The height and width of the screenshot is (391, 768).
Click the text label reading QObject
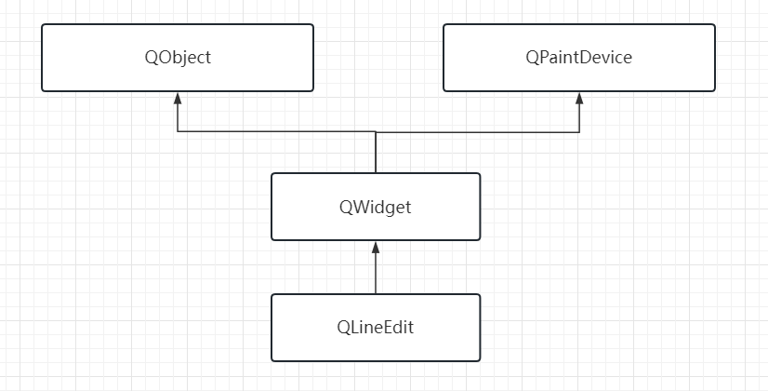pyautogui.click(x=178, y=58)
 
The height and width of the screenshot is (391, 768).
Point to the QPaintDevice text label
pyautogui.click(x=578, y=58)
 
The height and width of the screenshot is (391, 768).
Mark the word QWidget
pyautogui.click(x=376, y=207)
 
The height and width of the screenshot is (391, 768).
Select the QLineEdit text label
pyautogui.click(x=376, y=328)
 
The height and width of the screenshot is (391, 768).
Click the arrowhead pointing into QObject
pyautogui.click(x=178, y=98)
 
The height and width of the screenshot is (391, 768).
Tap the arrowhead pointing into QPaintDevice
pyautogui.click(x=579, y=98)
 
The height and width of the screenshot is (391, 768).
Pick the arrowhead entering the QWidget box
pyautogui.click(x=376, y=247)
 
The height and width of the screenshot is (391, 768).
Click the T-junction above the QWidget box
pyautogui.click(x=376, y=131)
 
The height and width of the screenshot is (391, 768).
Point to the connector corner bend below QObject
pyautogui.click(x=178, y=131)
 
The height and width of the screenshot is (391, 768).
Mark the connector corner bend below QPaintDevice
pyautogui.click(x=579, y=131)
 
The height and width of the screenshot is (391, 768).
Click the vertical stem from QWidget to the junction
pyautogui.click(x=376, y=154)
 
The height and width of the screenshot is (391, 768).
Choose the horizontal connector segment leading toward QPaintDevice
pyautogui.click(x=478, y=131)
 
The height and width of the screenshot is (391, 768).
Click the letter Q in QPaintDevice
pyautogui.click(x=531, y=58)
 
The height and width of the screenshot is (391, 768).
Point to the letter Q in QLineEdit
pyautogui.click(x=343, y=328)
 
